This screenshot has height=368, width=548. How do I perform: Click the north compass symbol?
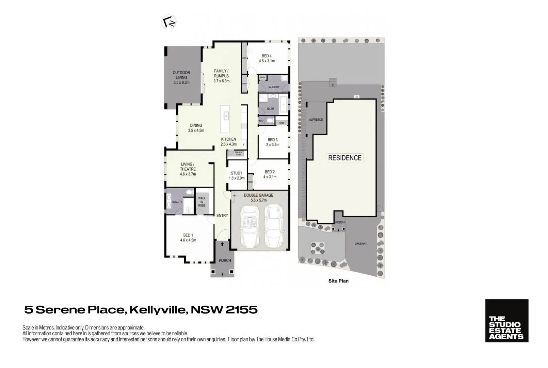pos(169,22)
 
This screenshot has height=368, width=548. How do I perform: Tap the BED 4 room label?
pos(267,56)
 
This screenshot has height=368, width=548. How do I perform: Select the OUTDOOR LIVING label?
pos(181,75)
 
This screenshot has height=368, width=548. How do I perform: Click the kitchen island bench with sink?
pos(225,119)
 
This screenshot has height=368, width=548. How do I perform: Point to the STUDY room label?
pos(237,173)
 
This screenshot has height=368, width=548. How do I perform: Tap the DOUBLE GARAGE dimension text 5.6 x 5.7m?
pos(259,200)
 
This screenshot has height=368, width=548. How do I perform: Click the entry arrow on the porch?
pos(222,244)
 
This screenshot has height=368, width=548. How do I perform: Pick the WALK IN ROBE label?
pos(202,202)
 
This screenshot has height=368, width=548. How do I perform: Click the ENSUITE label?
pos(177,202)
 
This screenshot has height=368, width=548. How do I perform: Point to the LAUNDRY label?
pos(273,87)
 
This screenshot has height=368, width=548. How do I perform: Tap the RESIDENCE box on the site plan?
pos(344,158)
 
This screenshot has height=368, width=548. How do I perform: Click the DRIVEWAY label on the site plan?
pos(360,244)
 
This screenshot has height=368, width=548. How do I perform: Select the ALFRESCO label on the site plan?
pos(316,120)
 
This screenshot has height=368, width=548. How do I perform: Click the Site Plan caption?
pos(338,281)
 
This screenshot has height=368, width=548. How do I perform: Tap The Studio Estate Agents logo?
pos(506,321)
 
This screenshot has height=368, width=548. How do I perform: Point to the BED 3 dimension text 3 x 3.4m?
pos(273,145)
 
